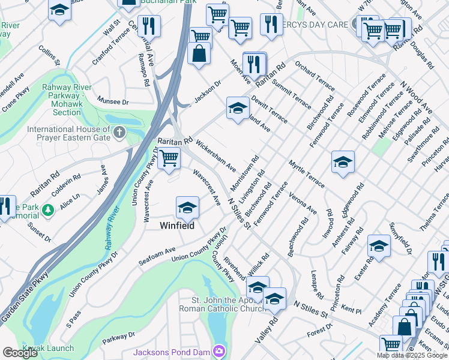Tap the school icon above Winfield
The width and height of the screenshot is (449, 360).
(187, 208)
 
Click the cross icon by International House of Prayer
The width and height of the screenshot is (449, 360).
(119, 131)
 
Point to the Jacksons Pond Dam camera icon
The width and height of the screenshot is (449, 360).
(219, 350)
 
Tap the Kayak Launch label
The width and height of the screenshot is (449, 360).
(49, 348)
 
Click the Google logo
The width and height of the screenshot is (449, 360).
(20, 352)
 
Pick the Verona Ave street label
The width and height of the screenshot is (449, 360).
(303, 203)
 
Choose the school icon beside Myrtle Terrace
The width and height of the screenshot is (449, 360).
(343, 162)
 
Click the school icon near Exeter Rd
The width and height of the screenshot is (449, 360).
(379, 246)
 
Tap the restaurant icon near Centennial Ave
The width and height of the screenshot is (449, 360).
(148, 26)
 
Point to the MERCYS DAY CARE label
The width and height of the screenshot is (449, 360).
(321, 25)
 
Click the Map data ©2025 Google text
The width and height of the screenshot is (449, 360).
(412, 355)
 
